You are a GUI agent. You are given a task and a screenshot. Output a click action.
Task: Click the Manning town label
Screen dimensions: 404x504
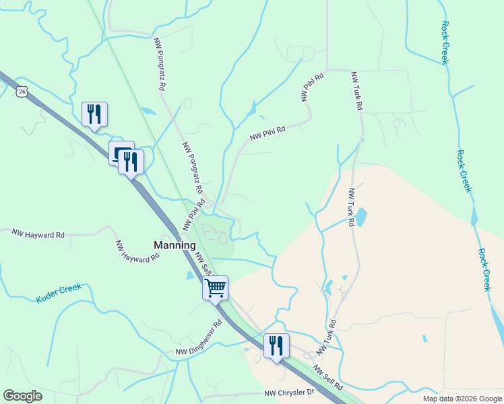coord(175,245)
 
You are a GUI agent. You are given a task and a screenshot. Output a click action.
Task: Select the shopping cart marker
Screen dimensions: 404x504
coord(216,288)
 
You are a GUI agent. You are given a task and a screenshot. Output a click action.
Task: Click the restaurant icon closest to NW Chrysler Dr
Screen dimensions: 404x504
coord(276,346)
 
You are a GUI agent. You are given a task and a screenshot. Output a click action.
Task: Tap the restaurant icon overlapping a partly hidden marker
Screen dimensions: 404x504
coord(131,162)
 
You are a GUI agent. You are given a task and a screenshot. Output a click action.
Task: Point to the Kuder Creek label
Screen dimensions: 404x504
coord(59,292)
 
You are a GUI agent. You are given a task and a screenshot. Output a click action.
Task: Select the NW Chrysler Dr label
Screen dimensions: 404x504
coord(289,393)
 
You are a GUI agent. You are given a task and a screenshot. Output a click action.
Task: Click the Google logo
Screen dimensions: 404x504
coord(22,396)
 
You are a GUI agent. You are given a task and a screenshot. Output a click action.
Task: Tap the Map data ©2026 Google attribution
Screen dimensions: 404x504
coord(462,399)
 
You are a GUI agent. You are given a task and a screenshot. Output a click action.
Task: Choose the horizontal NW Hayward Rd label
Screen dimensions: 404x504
coord(38,234)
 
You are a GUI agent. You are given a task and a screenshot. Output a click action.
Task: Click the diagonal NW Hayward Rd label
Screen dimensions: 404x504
coord(137,250)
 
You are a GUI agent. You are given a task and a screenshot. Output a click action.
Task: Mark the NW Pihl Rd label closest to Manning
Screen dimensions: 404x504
coord(191,215)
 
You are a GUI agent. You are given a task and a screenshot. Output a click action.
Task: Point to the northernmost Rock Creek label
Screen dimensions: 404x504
coord(445,42)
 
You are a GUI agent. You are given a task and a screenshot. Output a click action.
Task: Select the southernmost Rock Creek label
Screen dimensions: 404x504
coord(484,270)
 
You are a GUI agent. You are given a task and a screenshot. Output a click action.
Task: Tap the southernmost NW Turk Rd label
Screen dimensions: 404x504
coord(326,337)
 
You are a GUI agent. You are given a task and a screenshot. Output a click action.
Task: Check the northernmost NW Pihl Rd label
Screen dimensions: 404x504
coord(313,87)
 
